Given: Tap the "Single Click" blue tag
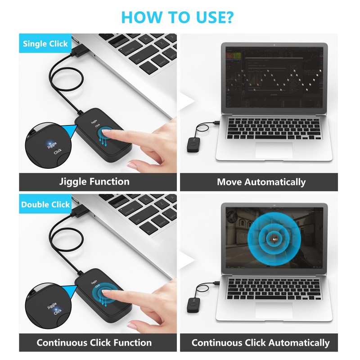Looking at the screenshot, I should pyautogui.click(x=45, y=44).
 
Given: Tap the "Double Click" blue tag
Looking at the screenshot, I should pyautogui.click(x=45, y=204).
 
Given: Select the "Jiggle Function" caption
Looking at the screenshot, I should pyautogui.click(x=94, y=182).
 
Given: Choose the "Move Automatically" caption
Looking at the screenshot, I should pyautogui.click(x=261, y=182).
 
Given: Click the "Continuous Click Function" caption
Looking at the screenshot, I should pyautogui.click(x=94, y=342).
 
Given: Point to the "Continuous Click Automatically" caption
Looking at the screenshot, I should pyautogui.click(x=261, y=343).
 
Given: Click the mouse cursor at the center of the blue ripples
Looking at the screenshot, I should pyautogui.click(x=275, y=239).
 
